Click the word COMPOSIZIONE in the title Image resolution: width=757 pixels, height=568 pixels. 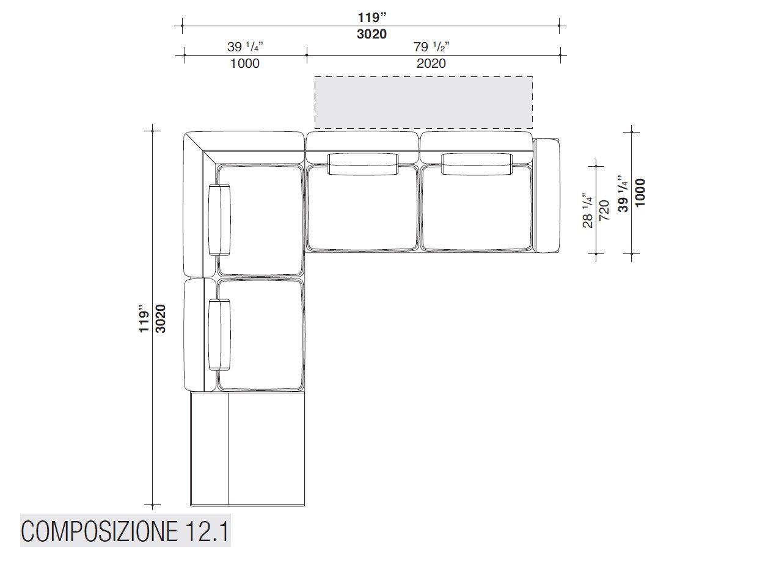click(100, 531)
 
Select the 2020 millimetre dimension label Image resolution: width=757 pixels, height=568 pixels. click(431, 64)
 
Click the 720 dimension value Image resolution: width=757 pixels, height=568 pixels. click(604, 210)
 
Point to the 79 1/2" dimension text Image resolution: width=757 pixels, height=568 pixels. click(431, 46)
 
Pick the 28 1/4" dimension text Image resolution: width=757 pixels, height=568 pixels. click(588, 210)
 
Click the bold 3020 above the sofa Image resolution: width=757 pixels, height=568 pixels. click(371, 34)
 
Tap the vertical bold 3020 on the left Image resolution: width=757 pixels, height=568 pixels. click(160, 318)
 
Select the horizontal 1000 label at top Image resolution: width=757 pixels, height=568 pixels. click(245, 64)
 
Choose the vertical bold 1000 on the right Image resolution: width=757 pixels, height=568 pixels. click(640, 192)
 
